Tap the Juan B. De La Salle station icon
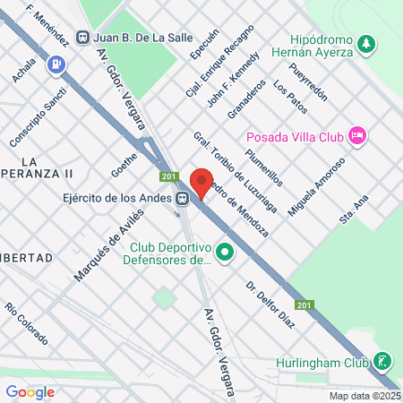(x=83, y=38)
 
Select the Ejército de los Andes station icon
(x=183, y=199)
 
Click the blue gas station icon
(x=56, y=64)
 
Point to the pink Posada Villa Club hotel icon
(x=357, y=135)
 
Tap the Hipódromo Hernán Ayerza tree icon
(x=365, y=43)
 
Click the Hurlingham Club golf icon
(x=383, y=361)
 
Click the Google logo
(x=30, y=391)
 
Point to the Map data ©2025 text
(x=364, y=396)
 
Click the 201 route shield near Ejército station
(x=167, y=176)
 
